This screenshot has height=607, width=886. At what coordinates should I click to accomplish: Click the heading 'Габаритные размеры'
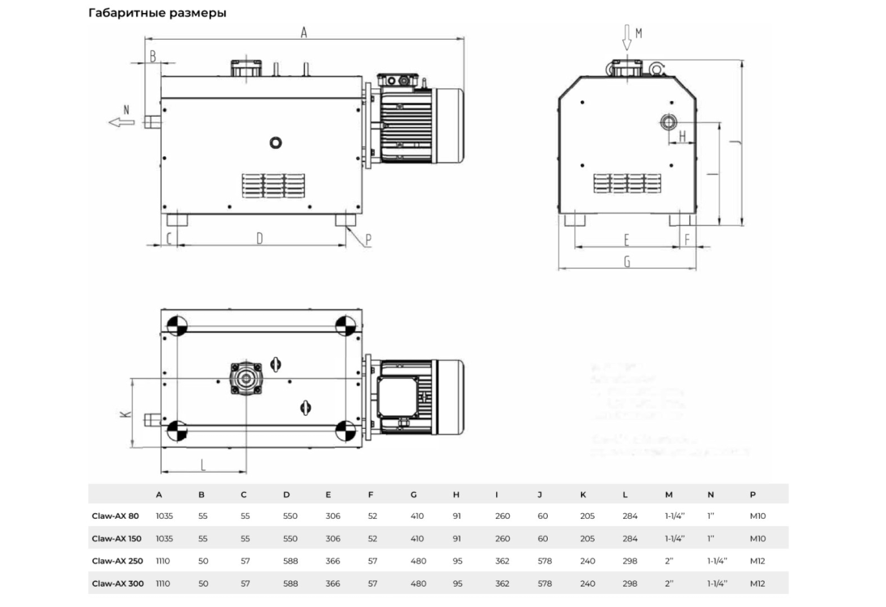pyautogui.click(x=157, y=14)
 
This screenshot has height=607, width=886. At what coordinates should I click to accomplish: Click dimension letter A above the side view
pyautogui.click(x=304, y=32)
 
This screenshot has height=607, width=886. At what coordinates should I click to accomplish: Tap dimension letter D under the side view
pyautogui.click(x=260, y=238)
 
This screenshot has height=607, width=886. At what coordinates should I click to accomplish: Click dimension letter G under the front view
pyautogui.click(x=627, y=261)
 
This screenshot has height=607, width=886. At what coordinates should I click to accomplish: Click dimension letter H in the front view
pyautogui.click(x=682, y=136)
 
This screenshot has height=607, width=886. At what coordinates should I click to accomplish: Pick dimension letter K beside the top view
pyautogui.click(x=124, y=414)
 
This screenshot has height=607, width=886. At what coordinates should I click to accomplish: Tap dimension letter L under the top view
pyautogui.click(x=203, y=465)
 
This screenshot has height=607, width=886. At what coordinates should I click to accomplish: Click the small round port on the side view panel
pyautogui.click(x=277, y=143)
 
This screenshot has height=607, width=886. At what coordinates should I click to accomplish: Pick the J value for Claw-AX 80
pyautogui.click(x=542, y=516)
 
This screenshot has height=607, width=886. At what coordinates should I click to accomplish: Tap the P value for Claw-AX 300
pyautogui.click(x=757, y=584)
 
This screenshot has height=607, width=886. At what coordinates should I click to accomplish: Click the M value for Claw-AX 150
pyautogui.click(x=674, y=538)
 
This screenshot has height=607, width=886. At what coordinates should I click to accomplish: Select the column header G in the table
pyautogui.click(x=413, y=494)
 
